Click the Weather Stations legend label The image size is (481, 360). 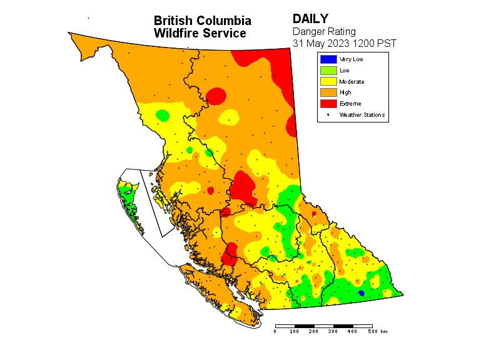[362, 115]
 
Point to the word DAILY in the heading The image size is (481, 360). [311, 19]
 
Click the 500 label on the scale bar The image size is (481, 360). [372, 331]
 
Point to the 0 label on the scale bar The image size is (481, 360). [275, 331]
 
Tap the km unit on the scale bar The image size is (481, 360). [383, 331]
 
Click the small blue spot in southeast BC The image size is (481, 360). [361, 292]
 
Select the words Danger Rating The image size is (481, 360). [324, 31]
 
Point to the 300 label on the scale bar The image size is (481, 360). [333, 331]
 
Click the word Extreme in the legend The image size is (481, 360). [350, 104]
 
